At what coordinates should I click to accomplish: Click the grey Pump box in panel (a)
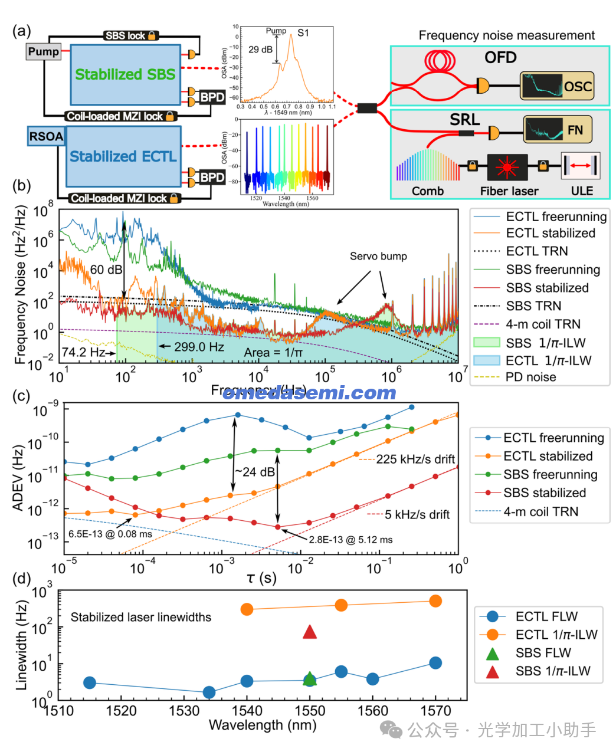pyautogui.click(x=43, y=52)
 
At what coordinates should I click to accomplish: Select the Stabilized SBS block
pyautogui.click(x=125, y=74)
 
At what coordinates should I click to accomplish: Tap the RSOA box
pyautogui.click(x=46, y=137)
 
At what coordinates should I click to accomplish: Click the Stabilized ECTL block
pyautogui.click(x=123, y=156)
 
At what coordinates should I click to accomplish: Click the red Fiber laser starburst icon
pyautogui.click(x=507, y=168)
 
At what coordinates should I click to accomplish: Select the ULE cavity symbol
pyautogui.click(x=581, y=167)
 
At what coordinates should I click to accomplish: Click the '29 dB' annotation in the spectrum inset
pyautogui.click(x=260, y=50)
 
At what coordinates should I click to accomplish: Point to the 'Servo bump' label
pyautogui.click(x=378, y=256)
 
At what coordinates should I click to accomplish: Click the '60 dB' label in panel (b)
pyautogui.click(x=106, y=270)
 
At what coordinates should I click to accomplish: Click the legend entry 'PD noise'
pyautogui.click(x=530, y=377)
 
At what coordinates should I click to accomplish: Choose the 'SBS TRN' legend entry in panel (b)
pyautogui.click(x=533, y=306)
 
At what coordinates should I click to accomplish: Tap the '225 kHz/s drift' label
pyautogui.click(x=415, y=459)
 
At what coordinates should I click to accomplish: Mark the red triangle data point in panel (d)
pyautogui.click(x=310, y=632)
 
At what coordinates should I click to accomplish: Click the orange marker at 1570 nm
pyautogui.click(x=435, y=601)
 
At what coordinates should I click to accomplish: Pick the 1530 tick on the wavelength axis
pyautogui.click(x=184, y=711)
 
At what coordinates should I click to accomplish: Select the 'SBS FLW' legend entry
pyautogui.click(x=543, y=653)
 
